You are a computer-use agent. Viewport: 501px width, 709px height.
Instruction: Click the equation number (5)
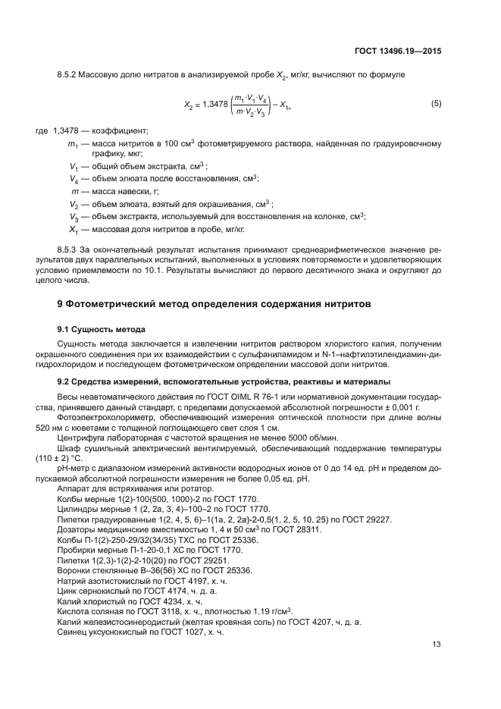436,103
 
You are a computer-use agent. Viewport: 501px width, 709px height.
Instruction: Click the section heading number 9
61,304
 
